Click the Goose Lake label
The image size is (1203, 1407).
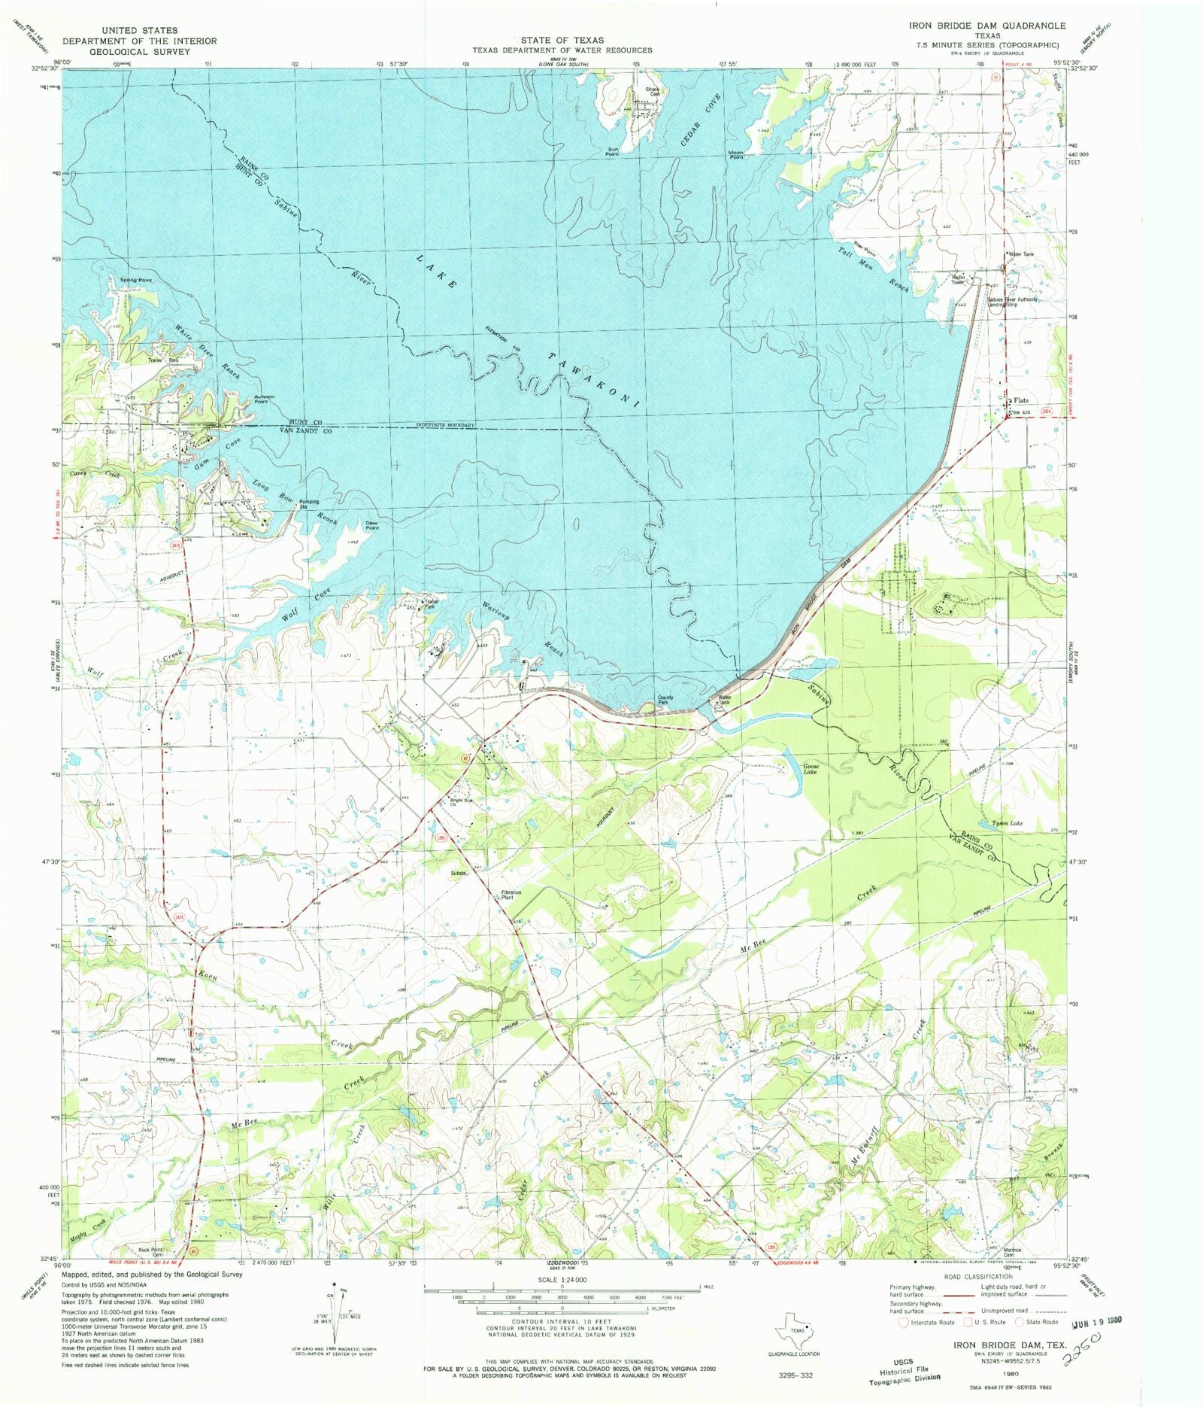coord(811,769)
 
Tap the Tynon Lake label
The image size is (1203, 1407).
coord(1008,823)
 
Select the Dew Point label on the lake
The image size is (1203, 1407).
coord(372,525)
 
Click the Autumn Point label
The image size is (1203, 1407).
coord(264,399)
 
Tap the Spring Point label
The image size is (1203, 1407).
coord(136,280)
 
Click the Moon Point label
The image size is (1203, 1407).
coord(735,155)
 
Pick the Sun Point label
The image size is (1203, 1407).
coord(614,151)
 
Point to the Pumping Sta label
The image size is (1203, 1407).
coord(308,503)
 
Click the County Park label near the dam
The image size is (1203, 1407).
coord(665,700)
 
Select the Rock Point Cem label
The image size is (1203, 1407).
coord(152,1253)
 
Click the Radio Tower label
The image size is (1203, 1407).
coord(958,279)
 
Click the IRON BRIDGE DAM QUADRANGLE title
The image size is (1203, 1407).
coord(986,26)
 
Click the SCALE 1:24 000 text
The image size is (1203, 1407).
coord(562,1279)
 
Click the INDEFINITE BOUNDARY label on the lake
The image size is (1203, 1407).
coord(446,425)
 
